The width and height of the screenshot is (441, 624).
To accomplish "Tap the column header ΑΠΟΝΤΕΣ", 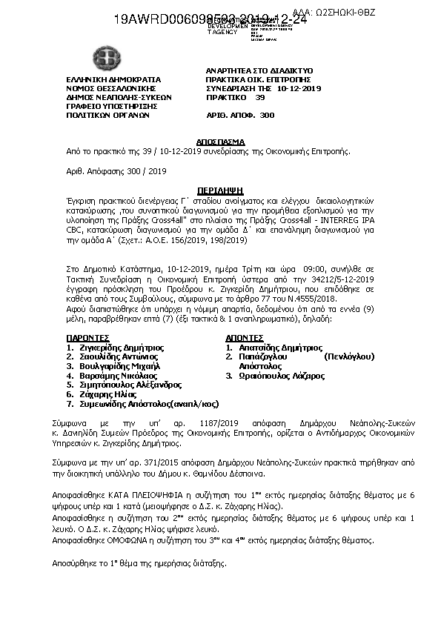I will [x=245, y=336].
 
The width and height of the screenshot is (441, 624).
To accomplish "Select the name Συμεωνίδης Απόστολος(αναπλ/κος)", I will [x=148, y=404].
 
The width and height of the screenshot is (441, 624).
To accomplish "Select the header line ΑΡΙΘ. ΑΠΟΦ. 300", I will [x=239, y=116].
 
